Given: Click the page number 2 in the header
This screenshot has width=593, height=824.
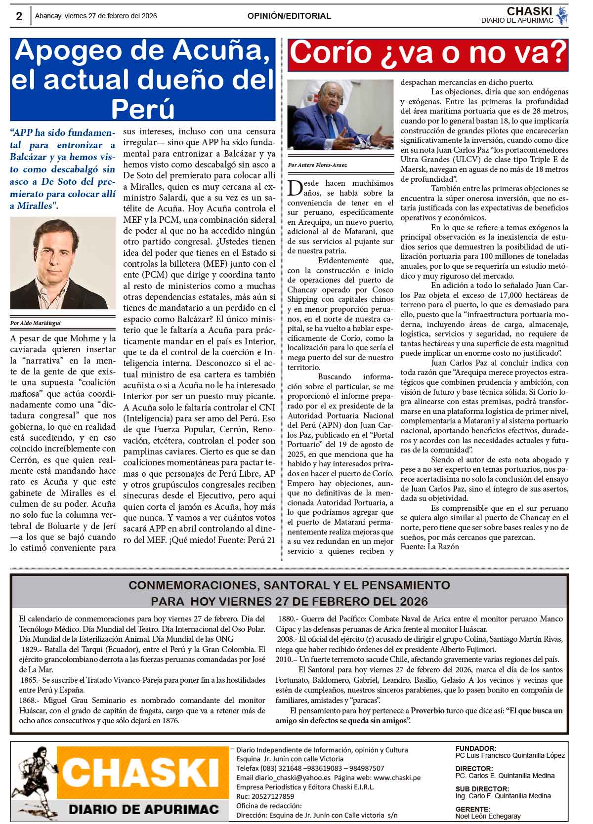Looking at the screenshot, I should (19, 16).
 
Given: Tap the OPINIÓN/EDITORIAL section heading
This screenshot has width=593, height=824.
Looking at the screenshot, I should (289, 16).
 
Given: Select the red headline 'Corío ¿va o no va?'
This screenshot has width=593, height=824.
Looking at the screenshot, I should (427, 53).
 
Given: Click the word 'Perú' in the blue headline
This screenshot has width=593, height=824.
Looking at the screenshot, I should (143, 108).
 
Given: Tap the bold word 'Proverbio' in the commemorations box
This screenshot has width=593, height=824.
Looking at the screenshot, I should (430, 711).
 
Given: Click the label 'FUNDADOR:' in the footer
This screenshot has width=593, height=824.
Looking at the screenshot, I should (475, 748).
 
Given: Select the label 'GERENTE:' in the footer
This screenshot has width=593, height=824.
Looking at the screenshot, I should (473, 809).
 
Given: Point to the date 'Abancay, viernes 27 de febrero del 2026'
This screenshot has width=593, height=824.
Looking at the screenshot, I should (96, 16).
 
